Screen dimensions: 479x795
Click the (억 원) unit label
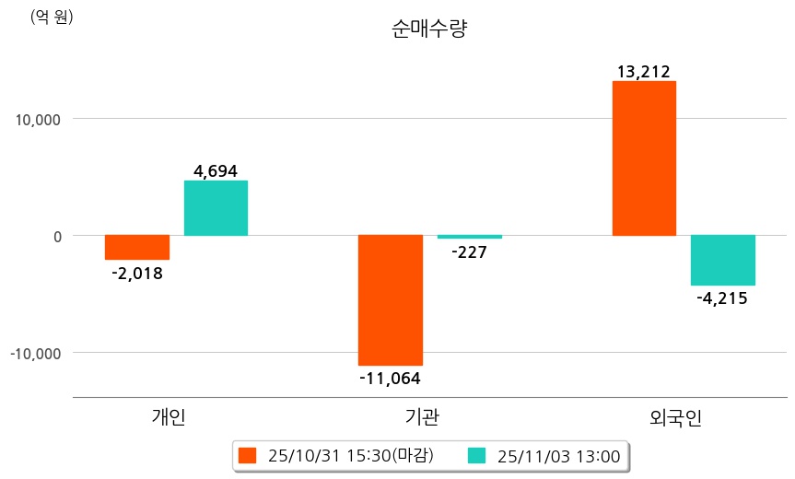[x=52, y=18]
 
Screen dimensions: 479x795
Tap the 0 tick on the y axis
[x=56, y=236]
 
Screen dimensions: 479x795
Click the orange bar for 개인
[x=136, y=248]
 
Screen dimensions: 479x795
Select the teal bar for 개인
[x=216, y=208]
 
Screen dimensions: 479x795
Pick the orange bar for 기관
[x=391, y=300]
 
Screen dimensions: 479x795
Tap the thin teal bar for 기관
[x=470, y=237]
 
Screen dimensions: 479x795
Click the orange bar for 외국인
[x=644, y=158]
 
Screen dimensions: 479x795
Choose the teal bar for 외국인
[x=723, y=260]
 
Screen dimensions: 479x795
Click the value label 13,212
[x=644, y=71]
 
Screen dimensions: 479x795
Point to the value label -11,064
[x=390, y=377]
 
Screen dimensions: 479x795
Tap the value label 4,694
[x=216, y=170]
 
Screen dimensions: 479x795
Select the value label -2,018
[x=136, y=273]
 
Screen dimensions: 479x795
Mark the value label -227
[x=469, y=251]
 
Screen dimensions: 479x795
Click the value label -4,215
[x=722, y=298]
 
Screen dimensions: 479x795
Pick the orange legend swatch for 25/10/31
[x=246, y=455]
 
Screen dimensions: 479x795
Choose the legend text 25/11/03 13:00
[x=558, y=455]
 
